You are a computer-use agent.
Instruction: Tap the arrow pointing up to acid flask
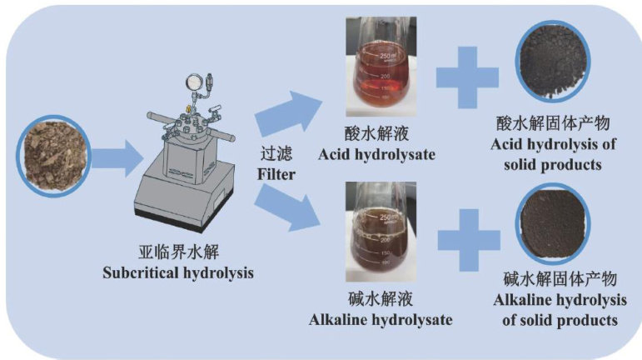tap(288, 115)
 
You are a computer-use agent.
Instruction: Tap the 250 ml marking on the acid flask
tap(391, 56)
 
